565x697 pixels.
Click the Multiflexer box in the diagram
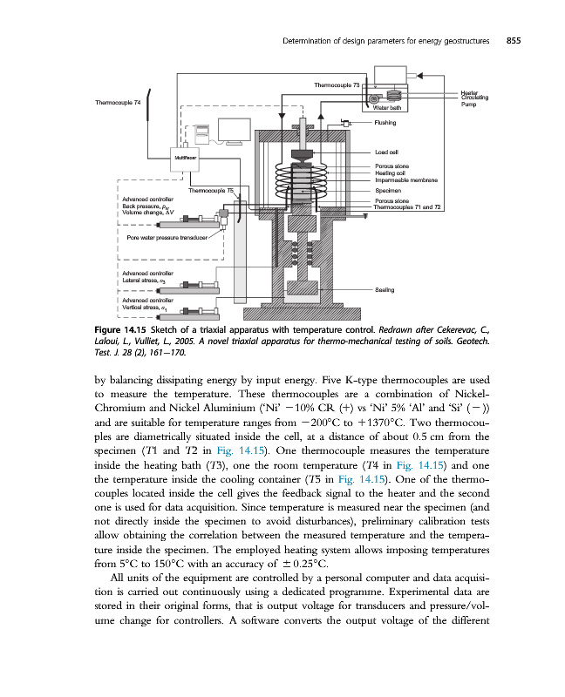pyautogui.click(x=185, y=159)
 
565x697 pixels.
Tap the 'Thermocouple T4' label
pyautogui.click(x=118, y=103)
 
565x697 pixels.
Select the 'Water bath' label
pyautogui.click(x=386, y=108)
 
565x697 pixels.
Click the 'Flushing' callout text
pyautogui.click(x=385, y=123)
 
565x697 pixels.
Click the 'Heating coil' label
pyautogui.click(x=391, y=173)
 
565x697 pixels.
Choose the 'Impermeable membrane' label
pyautogui.click(x=405, y=179)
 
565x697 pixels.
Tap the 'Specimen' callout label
pyautogui.click(x=388, y=190)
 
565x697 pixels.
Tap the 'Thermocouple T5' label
pyautogui.click(x=212, y=189)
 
